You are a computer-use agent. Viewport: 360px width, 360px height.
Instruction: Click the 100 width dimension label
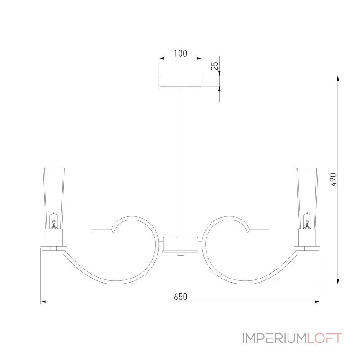(x=180, y=53)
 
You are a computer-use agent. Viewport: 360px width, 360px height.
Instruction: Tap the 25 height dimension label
(x=215, y=67)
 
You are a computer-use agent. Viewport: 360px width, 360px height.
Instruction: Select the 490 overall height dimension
(x=333, y=180)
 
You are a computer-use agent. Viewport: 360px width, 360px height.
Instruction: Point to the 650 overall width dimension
(x=180, y=297)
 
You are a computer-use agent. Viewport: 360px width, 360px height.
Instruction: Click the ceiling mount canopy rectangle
(x=180, y=81)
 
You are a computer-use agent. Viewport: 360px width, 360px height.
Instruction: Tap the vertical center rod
(x=180, y=157)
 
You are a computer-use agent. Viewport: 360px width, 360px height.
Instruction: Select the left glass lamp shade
(x=54, y=193)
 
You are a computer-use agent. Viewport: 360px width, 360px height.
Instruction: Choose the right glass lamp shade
(x=307, y=193)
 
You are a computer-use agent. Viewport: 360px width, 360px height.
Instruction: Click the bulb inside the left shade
(x=54, y=222)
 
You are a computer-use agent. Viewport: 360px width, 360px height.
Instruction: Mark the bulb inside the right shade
(x=307, y=222)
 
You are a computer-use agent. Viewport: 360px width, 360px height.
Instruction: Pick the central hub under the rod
(x=180, y=244)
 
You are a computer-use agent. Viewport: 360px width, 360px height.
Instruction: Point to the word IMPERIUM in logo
(x=274, y=338)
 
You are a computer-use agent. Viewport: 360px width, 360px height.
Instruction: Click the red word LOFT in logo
(x=325, y=338)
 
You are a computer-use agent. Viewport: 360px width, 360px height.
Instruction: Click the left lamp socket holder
(x=54, y=236)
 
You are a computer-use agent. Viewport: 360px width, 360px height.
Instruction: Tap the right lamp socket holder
(x=307, y=236)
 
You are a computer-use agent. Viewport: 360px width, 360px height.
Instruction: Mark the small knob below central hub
(x=180, y=254)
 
